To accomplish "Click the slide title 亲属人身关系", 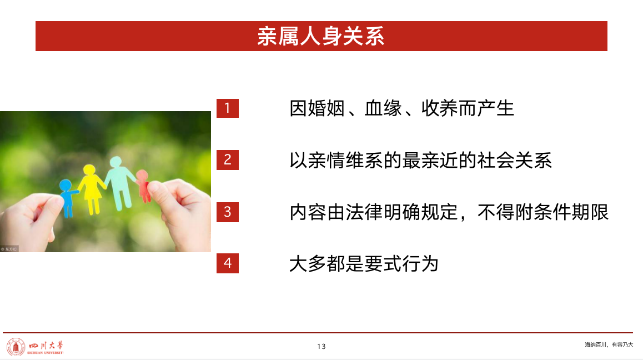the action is click(321, 36).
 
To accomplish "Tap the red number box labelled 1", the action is click(228, 108).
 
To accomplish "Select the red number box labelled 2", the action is click(228, 160).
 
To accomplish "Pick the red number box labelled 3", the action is click(228, 212).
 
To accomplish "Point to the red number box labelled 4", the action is click(228, 263).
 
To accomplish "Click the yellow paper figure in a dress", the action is click(92, 189).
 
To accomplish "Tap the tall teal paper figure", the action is click(119, 183).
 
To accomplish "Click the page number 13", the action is click(321, 347).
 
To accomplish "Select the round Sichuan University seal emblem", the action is click(16, 347).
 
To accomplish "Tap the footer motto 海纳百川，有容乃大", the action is click(609, 345).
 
